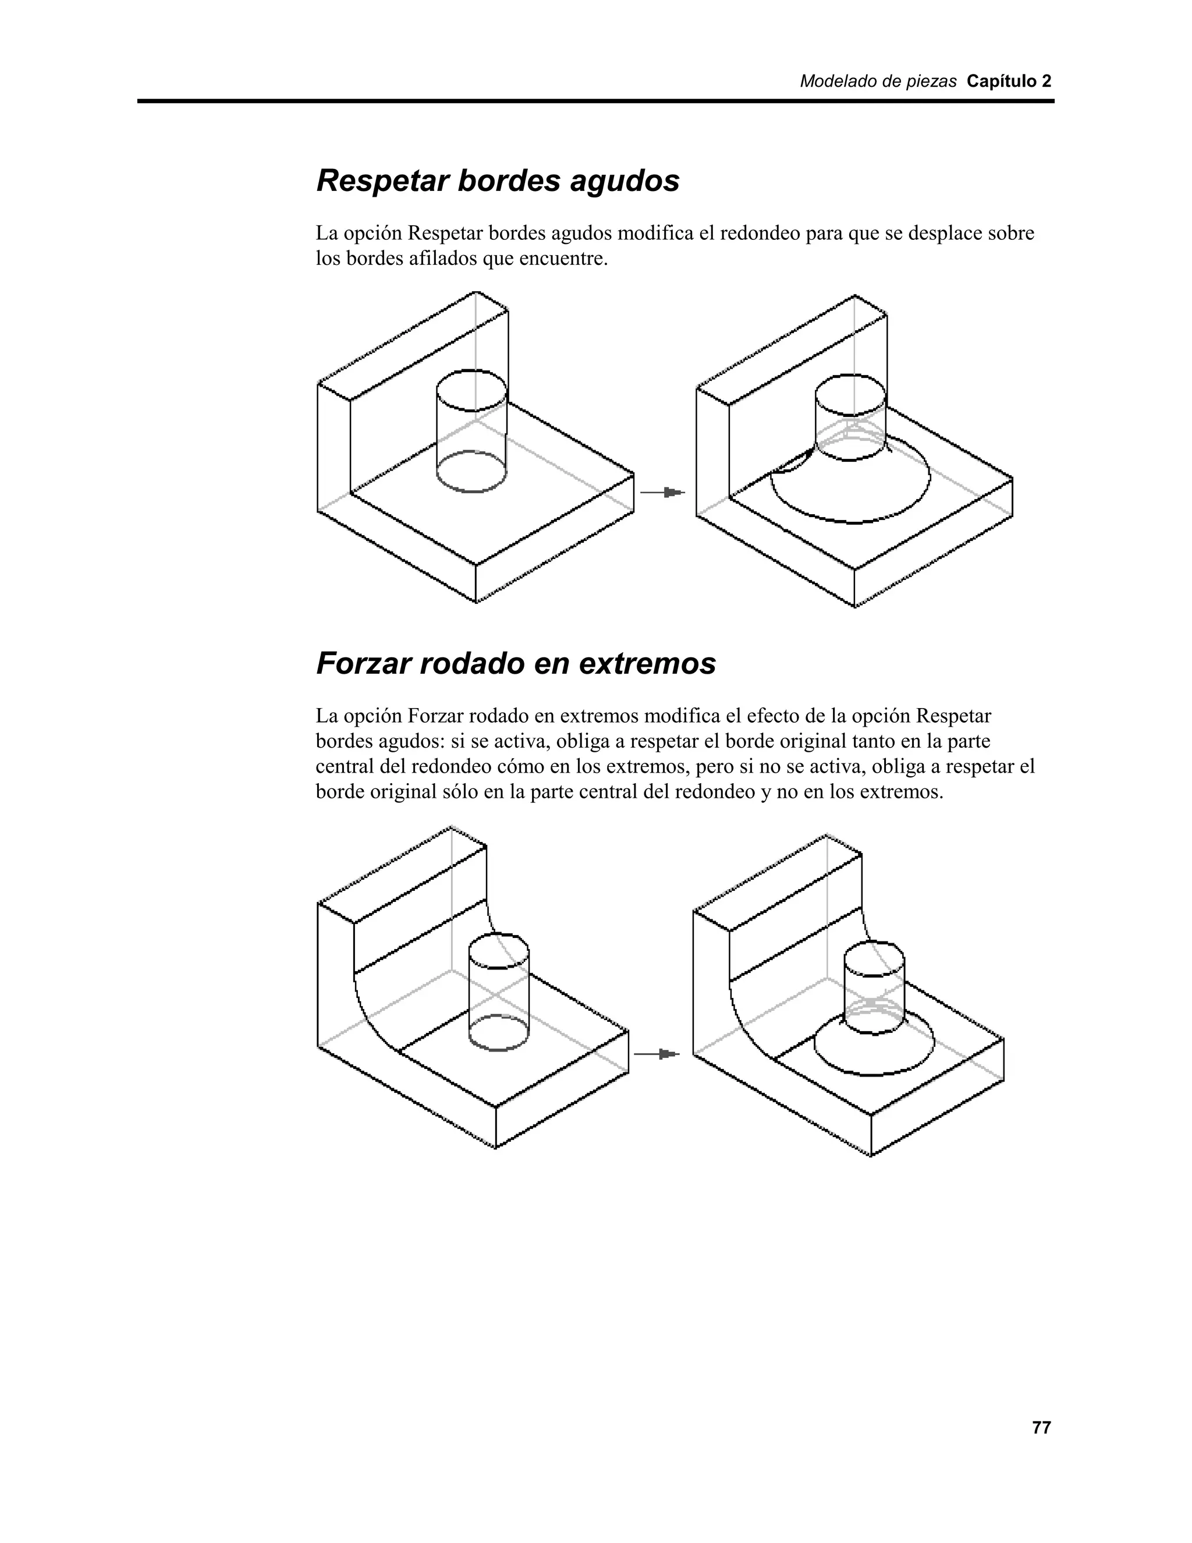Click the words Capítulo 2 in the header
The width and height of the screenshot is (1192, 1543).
click(x=1009, y=82)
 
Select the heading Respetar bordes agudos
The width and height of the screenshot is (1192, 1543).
click(x=498, y=181)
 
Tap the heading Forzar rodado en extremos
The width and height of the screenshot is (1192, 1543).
click(x=516, y=663)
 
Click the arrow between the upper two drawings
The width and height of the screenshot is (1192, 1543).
click(x=662, y=493)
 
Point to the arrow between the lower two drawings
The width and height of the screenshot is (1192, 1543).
click(x=657, y=1054)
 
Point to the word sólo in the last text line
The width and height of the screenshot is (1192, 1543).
click(x=460, y=792)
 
